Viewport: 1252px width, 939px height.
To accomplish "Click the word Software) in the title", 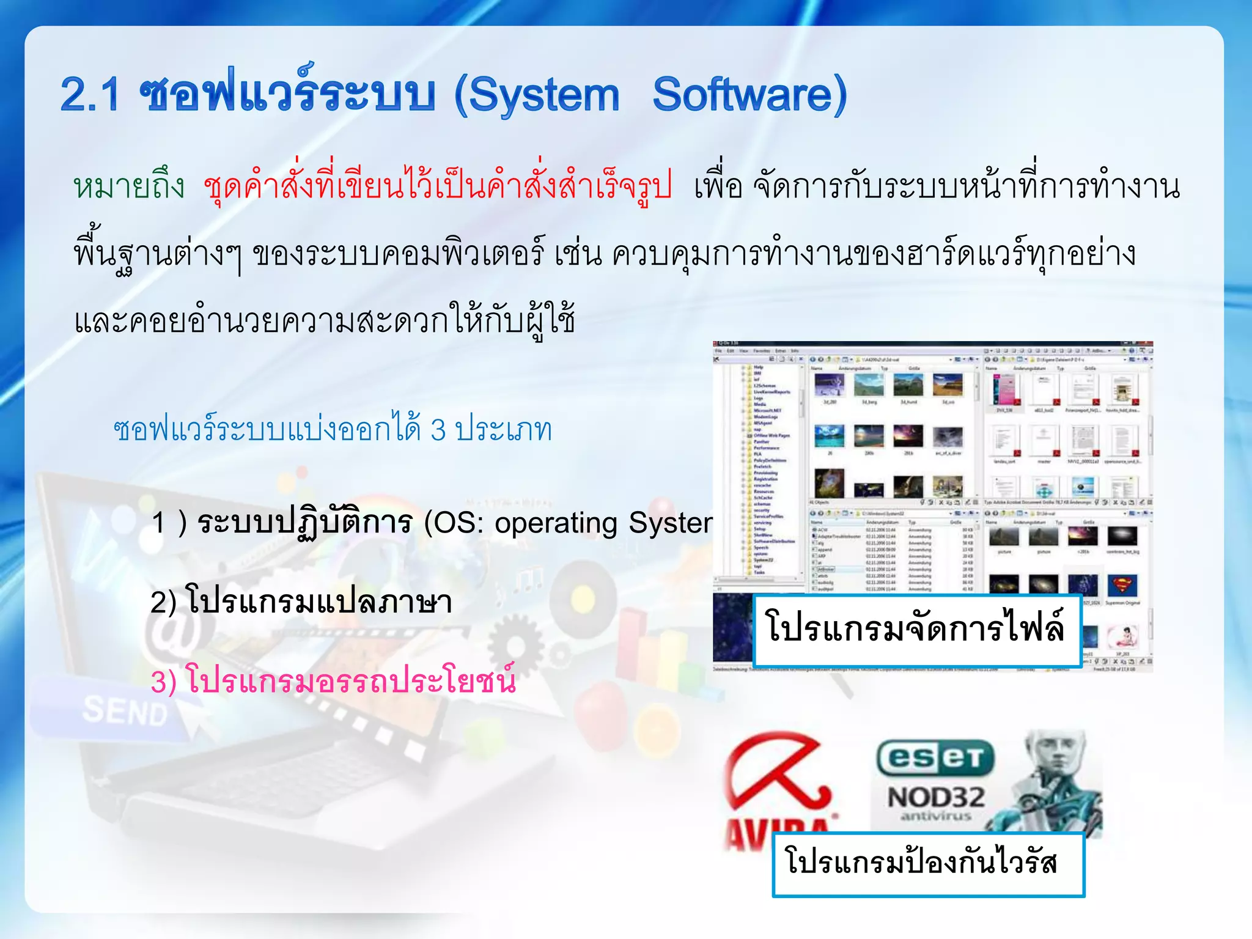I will click(750, 95).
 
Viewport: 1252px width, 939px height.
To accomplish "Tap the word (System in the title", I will click(536, 96).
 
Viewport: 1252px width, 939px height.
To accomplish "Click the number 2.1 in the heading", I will click(90, 96).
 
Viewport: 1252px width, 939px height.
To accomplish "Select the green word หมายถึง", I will click(129, 186).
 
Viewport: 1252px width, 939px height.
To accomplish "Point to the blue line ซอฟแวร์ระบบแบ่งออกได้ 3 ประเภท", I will click(333, 429).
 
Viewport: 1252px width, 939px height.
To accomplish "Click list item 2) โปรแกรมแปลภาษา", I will click(301, 602).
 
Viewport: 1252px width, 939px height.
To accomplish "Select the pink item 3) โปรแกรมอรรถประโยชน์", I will click(333, 680).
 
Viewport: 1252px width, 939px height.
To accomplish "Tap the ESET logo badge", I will click(935, 758).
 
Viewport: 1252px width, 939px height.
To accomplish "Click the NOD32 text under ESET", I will click(935, 797).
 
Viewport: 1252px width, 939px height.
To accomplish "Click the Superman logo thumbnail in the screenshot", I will click(1122, 585).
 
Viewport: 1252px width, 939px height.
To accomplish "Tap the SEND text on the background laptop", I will click(125, 712).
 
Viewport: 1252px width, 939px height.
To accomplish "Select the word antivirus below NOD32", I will click(935, 817).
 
